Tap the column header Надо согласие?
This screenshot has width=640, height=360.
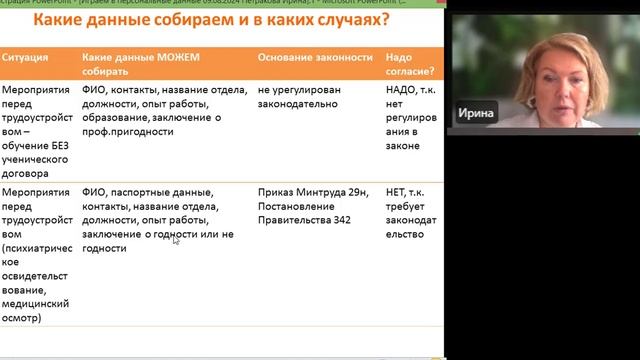410,65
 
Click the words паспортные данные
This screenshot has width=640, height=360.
158,192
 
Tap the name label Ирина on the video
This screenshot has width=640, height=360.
476,113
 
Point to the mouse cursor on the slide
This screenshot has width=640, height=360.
176,239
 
